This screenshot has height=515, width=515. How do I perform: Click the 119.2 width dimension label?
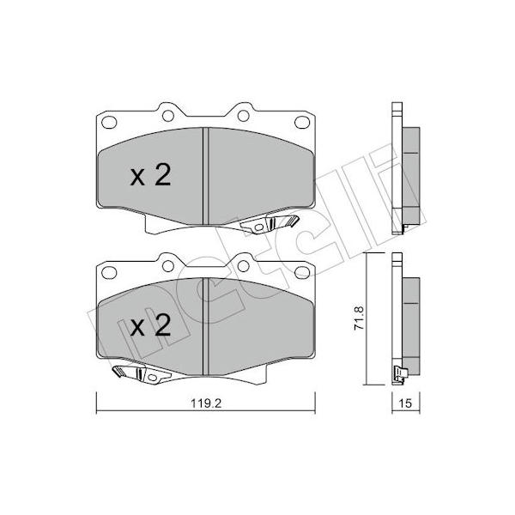coord(206,403)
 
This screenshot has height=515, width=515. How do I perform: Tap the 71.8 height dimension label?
coord(359,318)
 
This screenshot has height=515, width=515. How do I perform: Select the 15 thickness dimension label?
coord(406,403)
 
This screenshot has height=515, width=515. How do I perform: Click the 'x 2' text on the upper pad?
coord(151,175)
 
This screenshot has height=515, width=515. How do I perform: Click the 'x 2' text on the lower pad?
coord(151,325)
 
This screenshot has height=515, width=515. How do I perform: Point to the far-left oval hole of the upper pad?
coord(109,123)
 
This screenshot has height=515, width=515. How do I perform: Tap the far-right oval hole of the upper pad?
coord(302,123)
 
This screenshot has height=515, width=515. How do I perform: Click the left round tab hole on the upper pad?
coord(168,116)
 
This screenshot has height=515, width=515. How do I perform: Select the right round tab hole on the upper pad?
coord(244,116)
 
